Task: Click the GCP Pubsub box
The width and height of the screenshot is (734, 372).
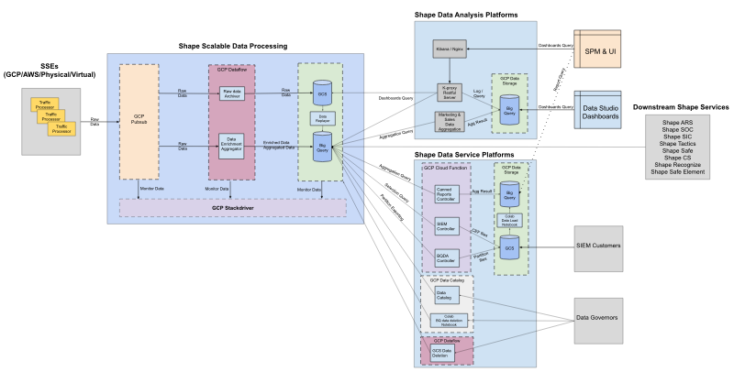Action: coord(139,120)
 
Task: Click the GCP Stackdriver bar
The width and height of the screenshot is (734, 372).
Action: coord(233,208)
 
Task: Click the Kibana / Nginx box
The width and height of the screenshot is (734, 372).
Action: coord(448,46)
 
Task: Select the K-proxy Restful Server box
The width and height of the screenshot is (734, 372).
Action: coord(448,88)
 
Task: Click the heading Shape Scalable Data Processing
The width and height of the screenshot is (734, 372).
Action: coord(233,46)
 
